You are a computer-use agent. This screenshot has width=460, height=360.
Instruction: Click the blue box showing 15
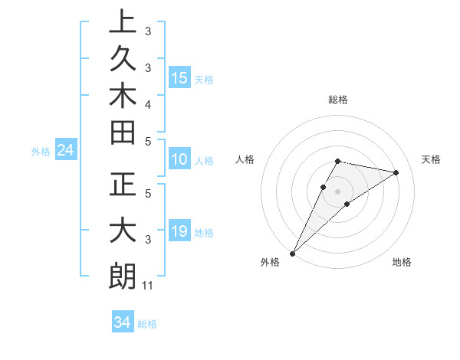[179, 78]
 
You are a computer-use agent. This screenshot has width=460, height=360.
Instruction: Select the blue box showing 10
[179, 160]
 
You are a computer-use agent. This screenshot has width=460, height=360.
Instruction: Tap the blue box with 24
[65, 151]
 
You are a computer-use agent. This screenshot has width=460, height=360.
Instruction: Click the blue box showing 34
[122, 322]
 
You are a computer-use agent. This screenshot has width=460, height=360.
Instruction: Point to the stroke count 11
[148, 286]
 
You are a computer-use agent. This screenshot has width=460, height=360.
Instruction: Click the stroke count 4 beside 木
[147, 103]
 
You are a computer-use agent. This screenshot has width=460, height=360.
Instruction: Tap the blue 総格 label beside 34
[147, 324]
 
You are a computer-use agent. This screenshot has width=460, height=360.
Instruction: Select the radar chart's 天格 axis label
[431, 159]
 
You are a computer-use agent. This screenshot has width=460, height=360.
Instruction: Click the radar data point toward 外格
[293, 253]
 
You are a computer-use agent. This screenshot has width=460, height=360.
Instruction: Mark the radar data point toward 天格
[396, 172]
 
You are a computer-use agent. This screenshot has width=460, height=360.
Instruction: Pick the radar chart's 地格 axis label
[402, 263]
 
